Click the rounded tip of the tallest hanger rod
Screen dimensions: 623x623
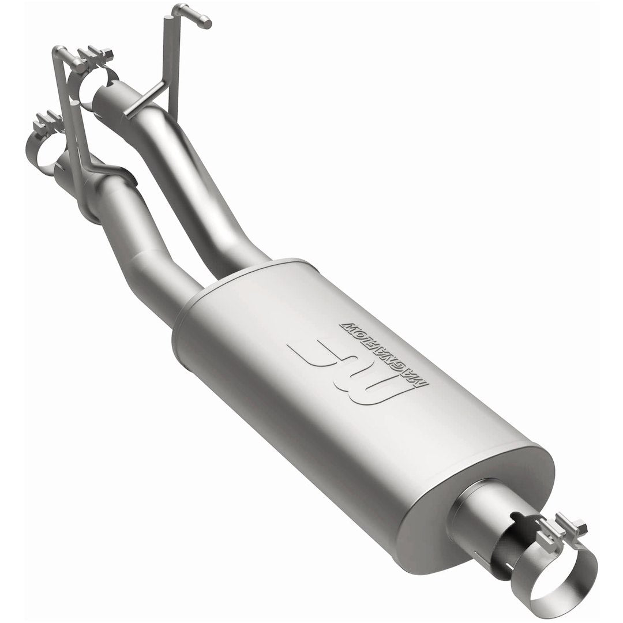[204, 23]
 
